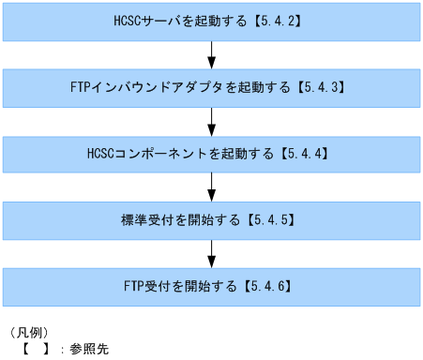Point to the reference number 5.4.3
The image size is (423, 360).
[322, 86]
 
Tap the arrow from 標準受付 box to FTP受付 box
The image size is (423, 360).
[211, 252]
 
